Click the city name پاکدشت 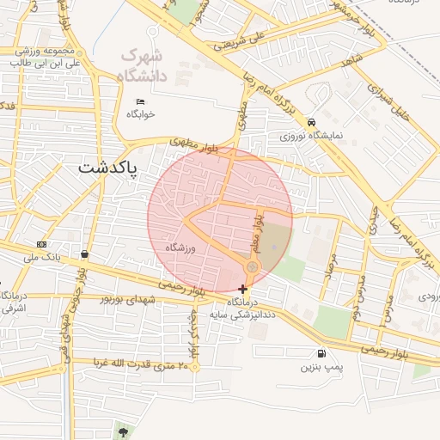(x=113, y=168)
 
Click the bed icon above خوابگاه (x=140, y=102)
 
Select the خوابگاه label (x=140, y=113)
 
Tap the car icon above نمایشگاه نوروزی (x=310, y=123)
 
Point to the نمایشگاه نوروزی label (x=310, y=136)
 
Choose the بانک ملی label (x=41, y=257)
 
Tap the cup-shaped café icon (x=84, y=254)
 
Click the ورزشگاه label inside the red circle (x=182, y=247)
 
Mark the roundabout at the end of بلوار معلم (x=252, y=268)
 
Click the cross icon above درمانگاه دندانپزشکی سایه (x=242, y=289)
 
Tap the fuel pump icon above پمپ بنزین (x=321, y=353)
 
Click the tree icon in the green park (x=125, y=431)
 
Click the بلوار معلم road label (x=256, y=233)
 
